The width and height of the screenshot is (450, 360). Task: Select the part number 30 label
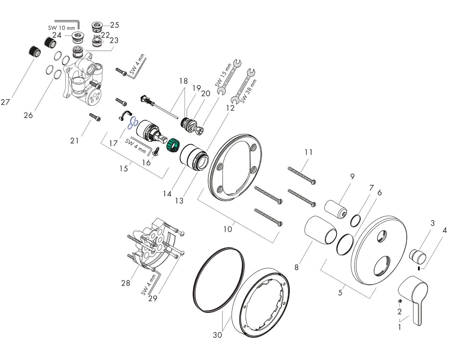tap(218, 335)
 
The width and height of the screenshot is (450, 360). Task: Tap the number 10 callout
tap(228, 229)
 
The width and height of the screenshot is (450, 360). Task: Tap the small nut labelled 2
tap(400, 301)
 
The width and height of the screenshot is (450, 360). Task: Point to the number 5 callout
tap(340, 292)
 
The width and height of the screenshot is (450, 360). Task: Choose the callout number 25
tap(114, 25)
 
